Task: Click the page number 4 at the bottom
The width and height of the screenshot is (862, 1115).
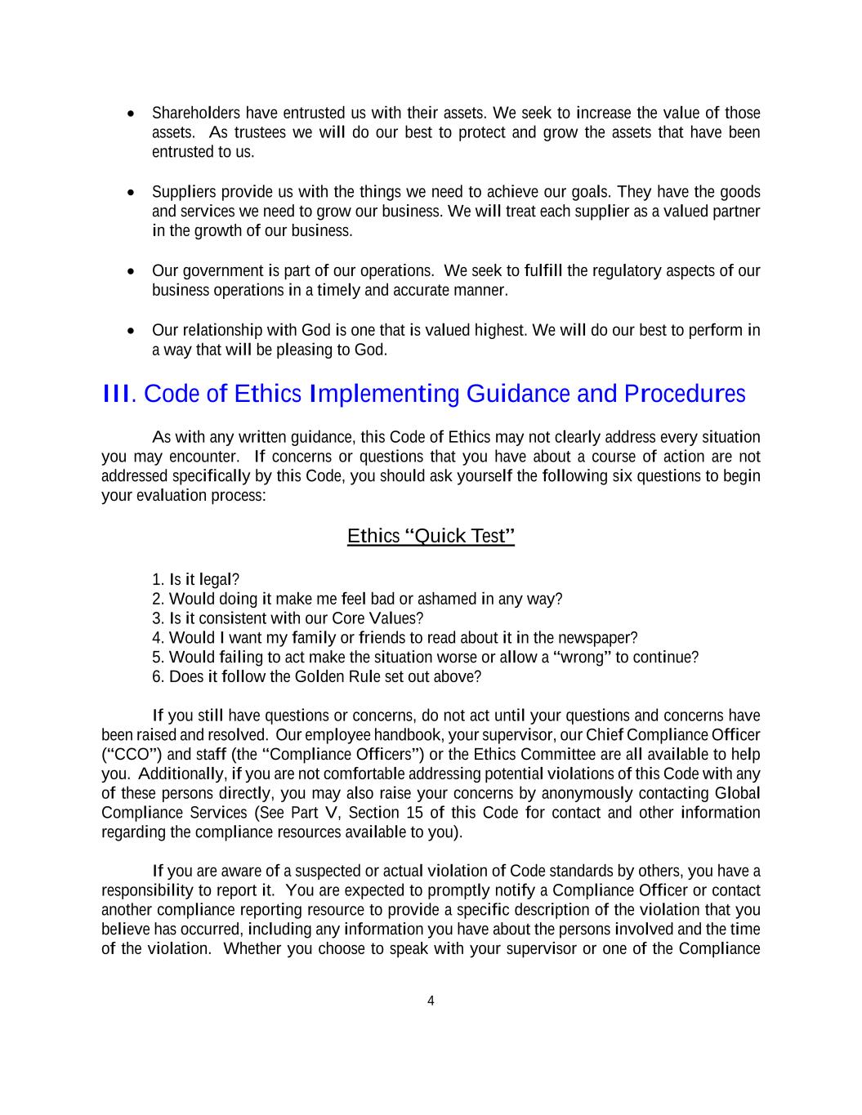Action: [x=431, y=1001]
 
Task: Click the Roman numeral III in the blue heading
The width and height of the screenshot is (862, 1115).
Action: [x=116, y=394]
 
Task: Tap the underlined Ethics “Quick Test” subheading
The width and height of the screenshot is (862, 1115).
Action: [x=431, y=536]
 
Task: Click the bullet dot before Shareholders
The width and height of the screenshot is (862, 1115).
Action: [x=132, y=114]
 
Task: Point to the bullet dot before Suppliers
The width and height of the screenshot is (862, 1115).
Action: [x=132, y=193]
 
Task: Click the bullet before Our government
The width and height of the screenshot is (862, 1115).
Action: [x=132, y=271]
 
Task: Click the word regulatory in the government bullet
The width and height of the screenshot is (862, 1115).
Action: [x=627, y=270]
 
